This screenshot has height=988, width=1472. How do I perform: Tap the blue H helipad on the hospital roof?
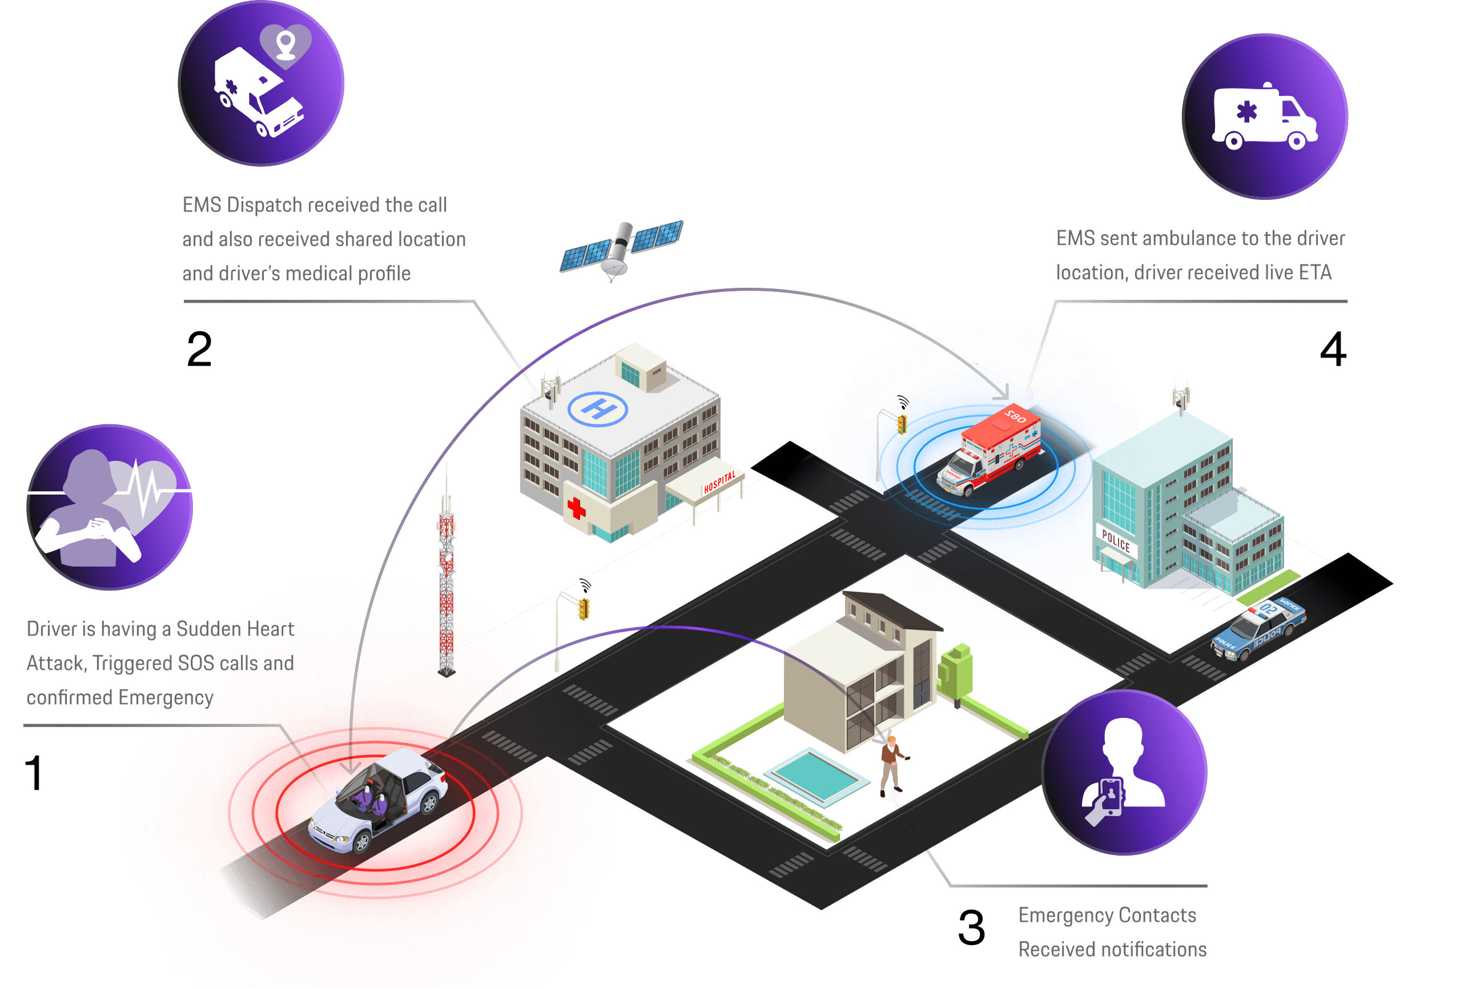click(597, 408)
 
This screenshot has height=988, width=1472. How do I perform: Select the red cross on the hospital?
click(576, 508)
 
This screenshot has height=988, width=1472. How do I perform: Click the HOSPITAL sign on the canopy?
click(719, 482)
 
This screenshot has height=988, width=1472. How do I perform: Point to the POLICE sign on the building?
click(1116, 541)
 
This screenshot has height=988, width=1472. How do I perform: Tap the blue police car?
click(1258, 627)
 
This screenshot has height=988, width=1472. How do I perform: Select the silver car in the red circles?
click(378, 799)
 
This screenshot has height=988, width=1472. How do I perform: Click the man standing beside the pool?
click(891, 766)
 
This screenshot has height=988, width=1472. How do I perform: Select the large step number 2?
click(199, 349)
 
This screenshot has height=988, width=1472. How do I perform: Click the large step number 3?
click(971, 927)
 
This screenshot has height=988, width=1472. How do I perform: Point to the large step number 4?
click(1333, 349)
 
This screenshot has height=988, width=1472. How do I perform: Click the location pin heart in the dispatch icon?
click(286, 44)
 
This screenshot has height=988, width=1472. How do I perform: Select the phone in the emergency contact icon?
click(1111, 797)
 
